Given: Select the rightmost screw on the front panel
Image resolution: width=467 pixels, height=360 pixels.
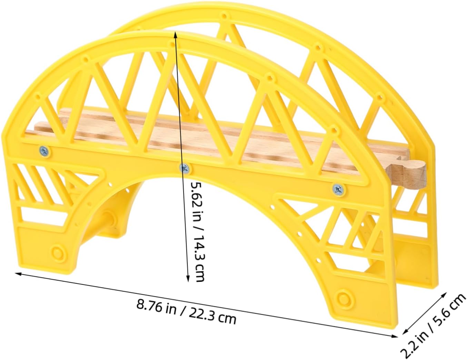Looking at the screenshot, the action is [x=338, y=189].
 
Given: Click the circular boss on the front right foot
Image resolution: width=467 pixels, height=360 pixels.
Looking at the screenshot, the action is [x=344, y=299].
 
